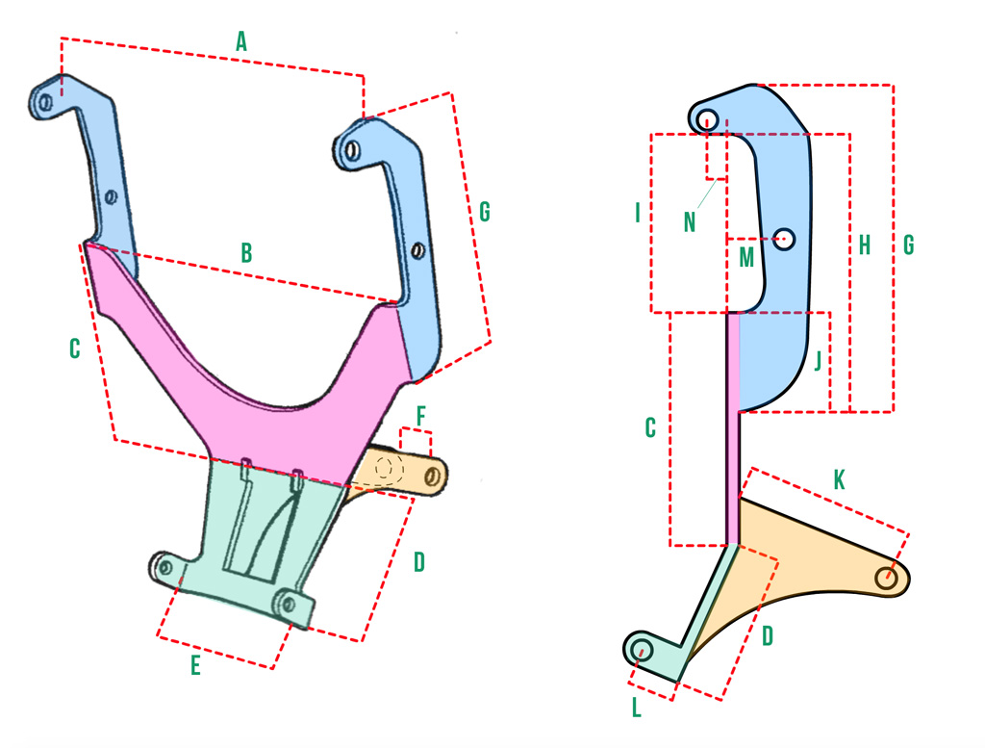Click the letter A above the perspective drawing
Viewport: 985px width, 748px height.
[x=241, y=42]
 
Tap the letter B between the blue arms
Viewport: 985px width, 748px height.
[x=247, y=252]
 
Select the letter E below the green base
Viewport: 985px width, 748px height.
[x=195, y=665]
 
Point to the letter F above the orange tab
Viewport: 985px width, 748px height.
[x=421, y=416]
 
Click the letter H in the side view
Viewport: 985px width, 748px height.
[x=865, y=245]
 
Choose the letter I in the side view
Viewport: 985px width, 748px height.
[x=638, y=213]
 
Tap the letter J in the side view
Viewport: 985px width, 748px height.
[x=818, y=361]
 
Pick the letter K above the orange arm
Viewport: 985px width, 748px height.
[x=839, y=479]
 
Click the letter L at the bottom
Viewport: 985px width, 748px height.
[x=637, y=708]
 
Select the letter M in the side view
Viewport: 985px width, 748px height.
[x=746, y=257]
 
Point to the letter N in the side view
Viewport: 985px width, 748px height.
[x=690, y=221]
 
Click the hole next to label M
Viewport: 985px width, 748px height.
[x=783, y=239]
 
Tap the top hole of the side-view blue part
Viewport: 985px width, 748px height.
[x=707, y=118]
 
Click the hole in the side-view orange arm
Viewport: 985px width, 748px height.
[x=886, y=578]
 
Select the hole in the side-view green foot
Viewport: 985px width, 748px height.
[x=642, y=650]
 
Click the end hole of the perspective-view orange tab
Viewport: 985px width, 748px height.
[x=432, y=477]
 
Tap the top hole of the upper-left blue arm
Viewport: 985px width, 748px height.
[x=45, y=102]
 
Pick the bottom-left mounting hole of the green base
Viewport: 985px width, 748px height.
[x=165, y=568]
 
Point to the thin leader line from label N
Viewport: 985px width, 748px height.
[x=708, y=193]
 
